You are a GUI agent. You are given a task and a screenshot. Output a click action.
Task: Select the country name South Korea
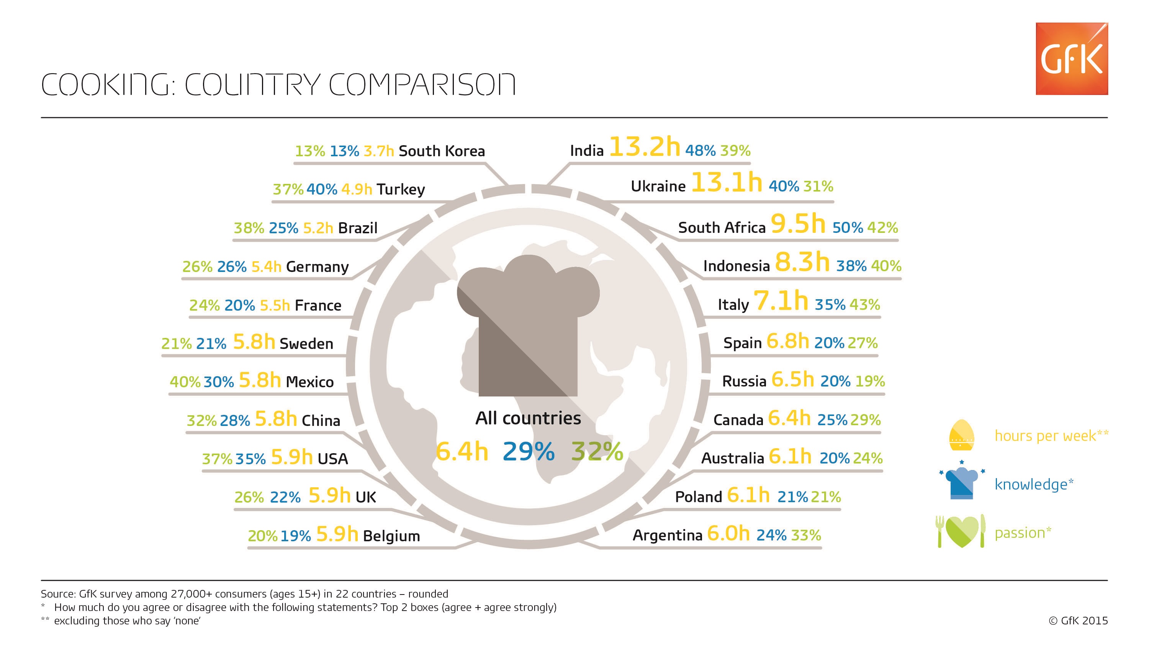pyautogui.click(x=442, y=151)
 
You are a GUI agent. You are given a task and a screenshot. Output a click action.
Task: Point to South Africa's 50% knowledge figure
pyautogui.click(x=848, y=228)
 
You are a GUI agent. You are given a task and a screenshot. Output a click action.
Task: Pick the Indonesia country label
pyautogui.click(x=737, y=266)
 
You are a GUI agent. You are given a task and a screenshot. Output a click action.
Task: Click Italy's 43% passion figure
pyautogui.click(x=865, y=305)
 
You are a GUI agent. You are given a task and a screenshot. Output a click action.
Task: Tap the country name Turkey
pyautogui.click(x=401, y=190)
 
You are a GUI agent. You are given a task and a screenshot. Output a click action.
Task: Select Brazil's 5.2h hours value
pyautogui.click(x=318, y=228)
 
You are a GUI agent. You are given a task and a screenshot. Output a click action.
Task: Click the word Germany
pyautogui.click(x=317, y=267)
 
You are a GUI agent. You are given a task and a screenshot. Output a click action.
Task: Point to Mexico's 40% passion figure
pyautogui.click(x=185, y=382)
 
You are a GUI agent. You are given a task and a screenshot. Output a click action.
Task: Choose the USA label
pyautogui.click(x=332, y=459)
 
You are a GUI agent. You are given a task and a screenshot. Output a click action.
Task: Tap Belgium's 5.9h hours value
pyautogui.click(x=337, y=534)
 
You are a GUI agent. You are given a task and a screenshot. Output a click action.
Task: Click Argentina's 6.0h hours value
pyautogui.click(x=728, y=534)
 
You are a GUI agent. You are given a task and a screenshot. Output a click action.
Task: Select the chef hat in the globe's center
pyautogui.click(x=528, y=326)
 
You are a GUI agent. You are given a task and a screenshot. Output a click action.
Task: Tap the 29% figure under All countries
pyautogui.click(x=529, y=451)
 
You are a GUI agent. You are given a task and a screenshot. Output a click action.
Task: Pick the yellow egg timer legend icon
pyautogui.click(x=961, y=436)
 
